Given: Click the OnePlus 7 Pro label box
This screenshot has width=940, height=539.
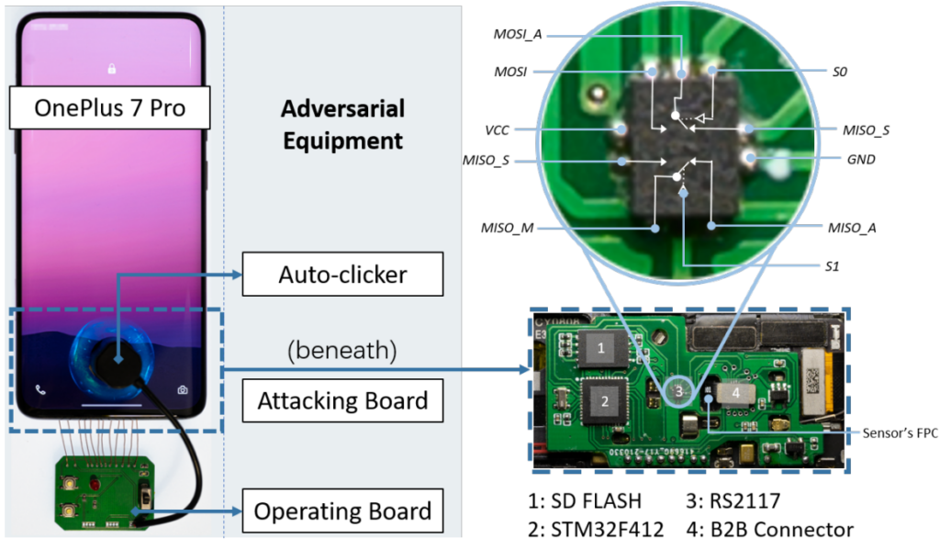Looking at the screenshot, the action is tap(110, 108).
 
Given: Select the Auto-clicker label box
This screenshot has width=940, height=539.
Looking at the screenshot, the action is tap(343, 274).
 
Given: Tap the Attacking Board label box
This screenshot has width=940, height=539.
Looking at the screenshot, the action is tap(343, 400).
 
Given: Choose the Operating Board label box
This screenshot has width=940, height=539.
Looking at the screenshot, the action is tap(343, 511).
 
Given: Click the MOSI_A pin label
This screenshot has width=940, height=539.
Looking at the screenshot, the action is tap(518, 34).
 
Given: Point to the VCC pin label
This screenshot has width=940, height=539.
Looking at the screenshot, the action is tap(497, 130).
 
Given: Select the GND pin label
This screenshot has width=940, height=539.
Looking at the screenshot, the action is tap(861, 160).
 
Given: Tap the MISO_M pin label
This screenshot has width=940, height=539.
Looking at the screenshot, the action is tap(507, 228).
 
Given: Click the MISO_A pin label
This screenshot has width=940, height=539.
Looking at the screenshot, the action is tap(852, 228).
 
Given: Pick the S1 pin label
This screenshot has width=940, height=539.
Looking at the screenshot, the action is tap(832, 266).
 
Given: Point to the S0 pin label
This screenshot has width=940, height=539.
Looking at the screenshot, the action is tap(839, 72).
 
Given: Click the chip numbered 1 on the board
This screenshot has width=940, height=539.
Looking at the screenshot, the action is tap(601, 348).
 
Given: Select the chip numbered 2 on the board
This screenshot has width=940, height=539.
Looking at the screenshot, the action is tap(604, 400).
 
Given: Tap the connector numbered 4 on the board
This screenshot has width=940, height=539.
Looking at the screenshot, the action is tap(735, 393).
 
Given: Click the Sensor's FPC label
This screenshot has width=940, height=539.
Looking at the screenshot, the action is tap(900, 432).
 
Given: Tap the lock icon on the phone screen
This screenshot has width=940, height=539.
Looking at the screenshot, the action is tap(111, 68).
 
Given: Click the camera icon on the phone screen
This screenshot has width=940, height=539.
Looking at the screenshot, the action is tap(183, 390).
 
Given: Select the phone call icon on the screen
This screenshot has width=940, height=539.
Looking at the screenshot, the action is tap(40, 390).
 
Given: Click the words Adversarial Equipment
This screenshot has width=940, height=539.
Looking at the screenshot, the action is tap(343, 125).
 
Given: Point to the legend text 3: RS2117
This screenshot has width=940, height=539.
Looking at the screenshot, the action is tap(733, 500).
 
